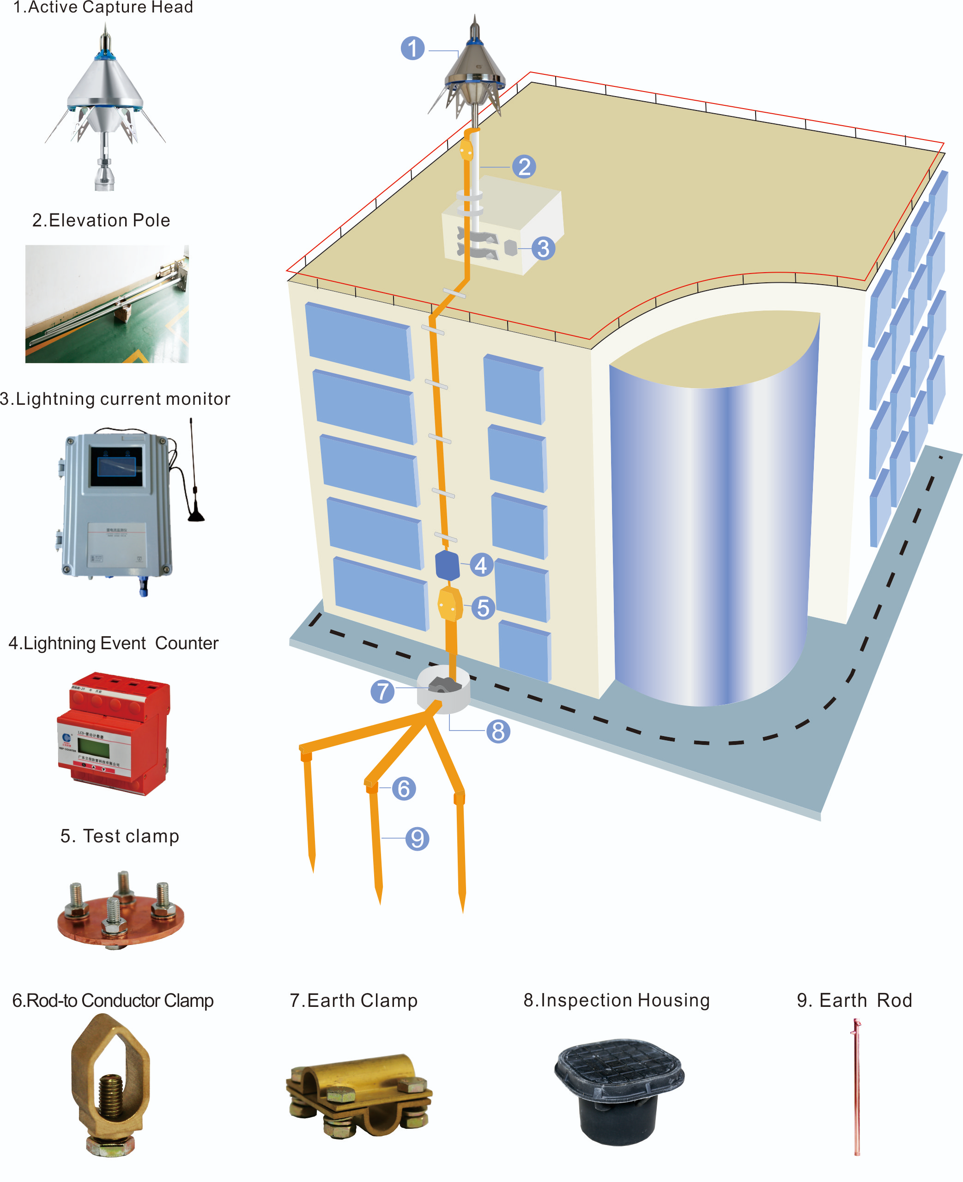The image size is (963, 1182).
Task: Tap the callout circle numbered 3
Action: pos(543,248)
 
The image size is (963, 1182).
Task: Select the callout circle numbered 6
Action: pos(404,789)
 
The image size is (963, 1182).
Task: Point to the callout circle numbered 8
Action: pos(498,731)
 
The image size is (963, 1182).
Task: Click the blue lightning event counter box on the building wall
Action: pos(447,566)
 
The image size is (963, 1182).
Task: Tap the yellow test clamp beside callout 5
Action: pos(450,605)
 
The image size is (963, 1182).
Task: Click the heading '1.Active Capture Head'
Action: pos(103,7)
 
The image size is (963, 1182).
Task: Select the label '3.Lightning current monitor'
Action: pos(115,399)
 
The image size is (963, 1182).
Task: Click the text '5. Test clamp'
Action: pos(120,836)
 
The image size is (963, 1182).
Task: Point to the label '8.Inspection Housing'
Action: pos(616,1000)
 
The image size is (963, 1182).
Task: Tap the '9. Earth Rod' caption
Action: pos(854,1000)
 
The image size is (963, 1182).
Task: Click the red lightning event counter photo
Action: pos(114,732)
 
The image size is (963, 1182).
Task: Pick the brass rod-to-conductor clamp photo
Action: pos(111,1085)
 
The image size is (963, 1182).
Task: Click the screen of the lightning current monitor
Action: pos(116,466)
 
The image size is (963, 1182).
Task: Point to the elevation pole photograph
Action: pos(107,304)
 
